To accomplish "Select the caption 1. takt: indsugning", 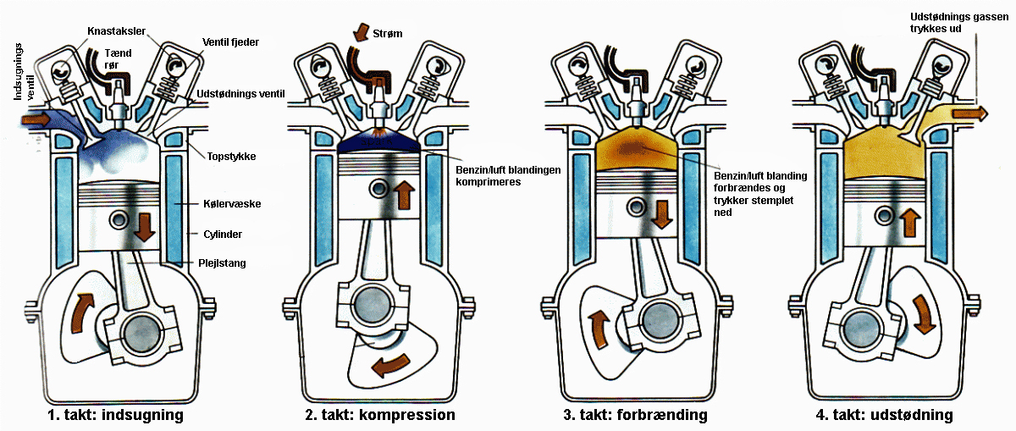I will tap(119, 416).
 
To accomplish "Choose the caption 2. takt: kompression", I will tap(380, 416).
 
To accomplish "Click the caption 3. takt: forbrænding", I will tap(636, 416).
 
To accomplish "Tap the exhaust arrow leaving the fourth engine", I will tap(970, 113).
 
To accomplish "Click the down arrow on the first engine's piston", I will tap(143, 224).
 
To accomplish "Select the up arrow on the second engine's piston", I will tap(404, 194).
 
